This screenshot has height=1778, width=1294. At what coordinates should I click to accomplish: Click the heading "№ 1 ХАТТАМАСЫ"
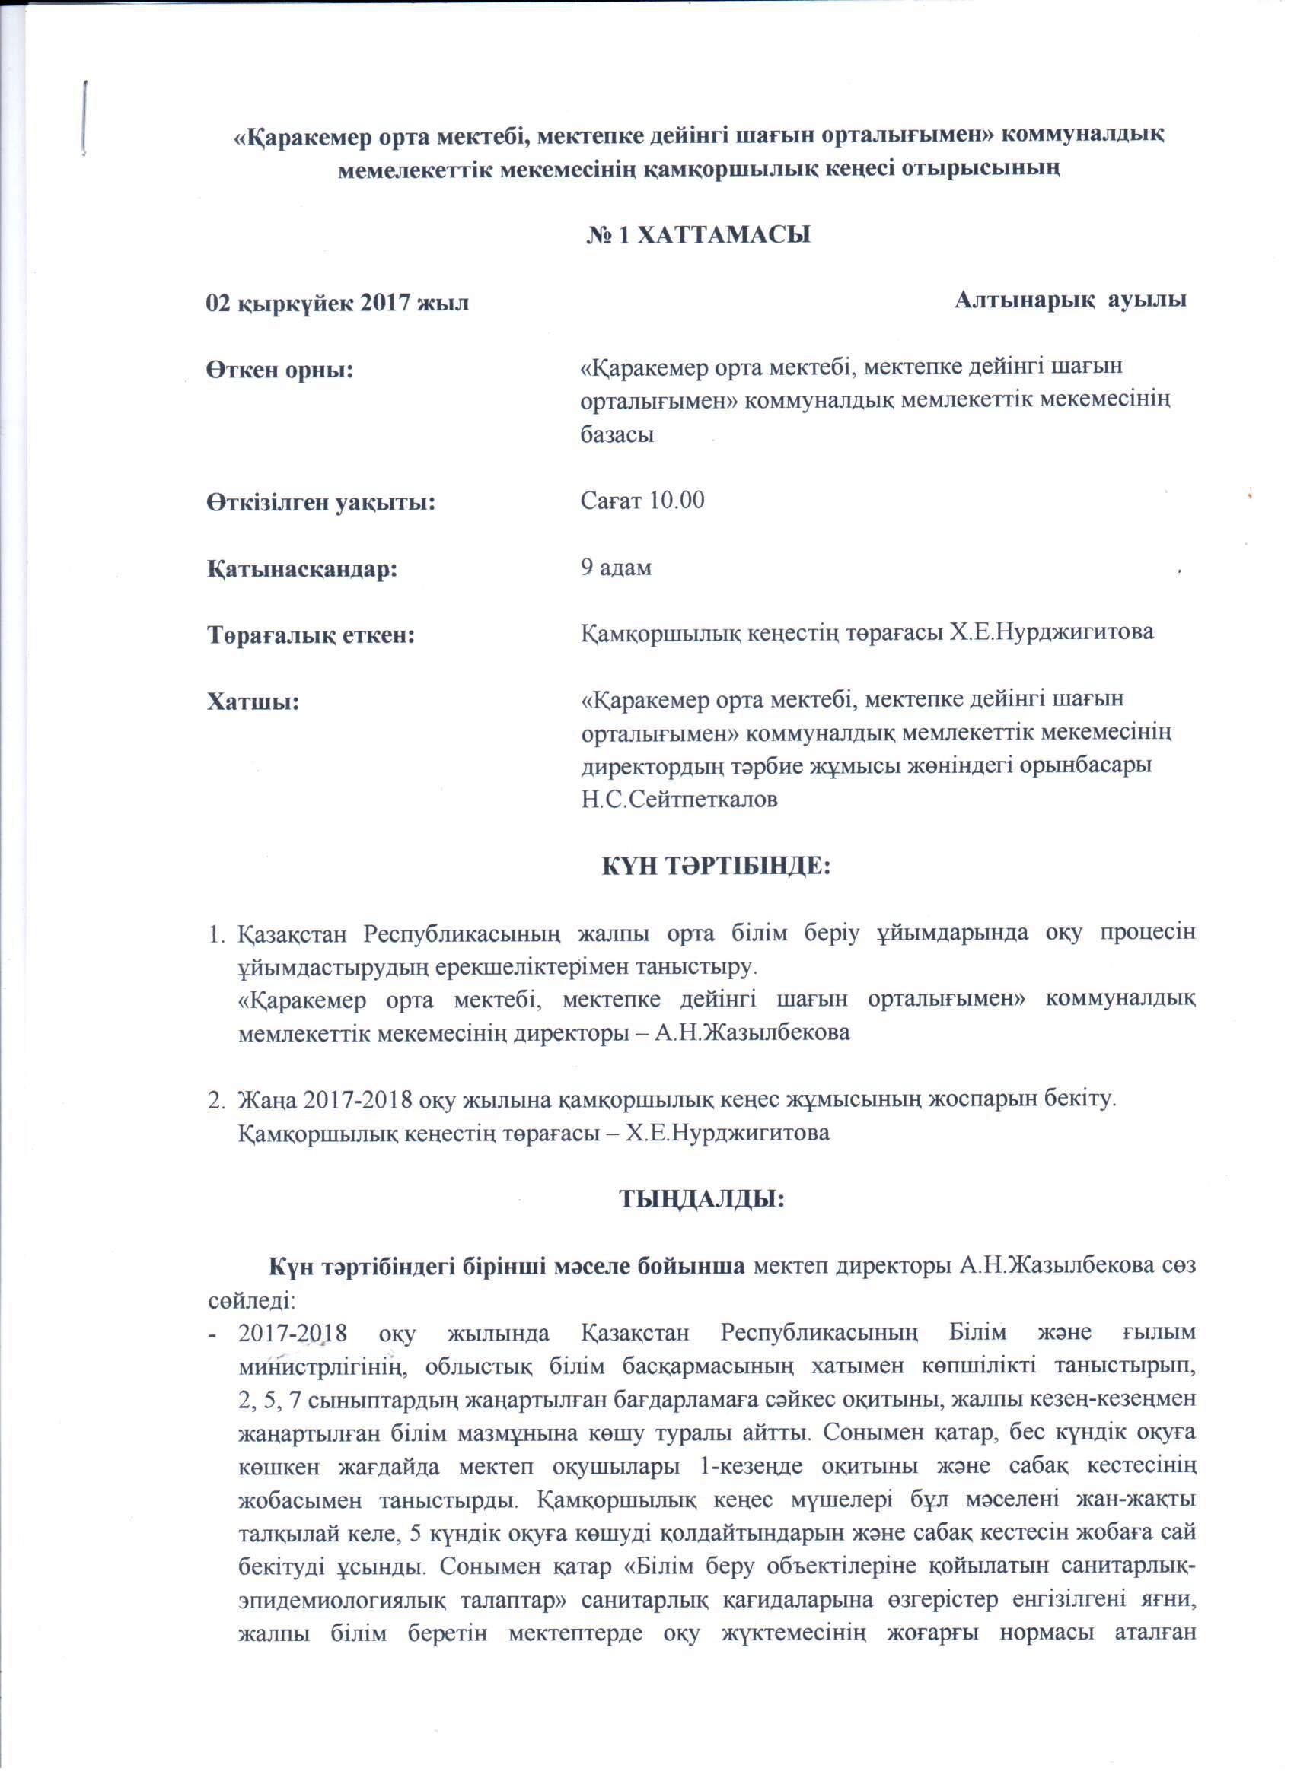pyautogui.click(x=699, y=234)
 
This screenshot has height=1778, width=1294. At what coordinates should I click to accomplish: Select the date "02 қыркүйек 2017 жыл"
pyautogui.click(x=337, y=302)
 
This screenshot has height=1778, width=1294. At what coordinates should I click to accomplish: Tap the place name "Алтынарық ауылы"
pyautogui.click(x=1069, y=300)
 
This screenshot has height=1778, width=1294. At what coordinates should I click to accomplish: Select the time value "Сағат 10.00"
pyautogui.click(x=642, y=500)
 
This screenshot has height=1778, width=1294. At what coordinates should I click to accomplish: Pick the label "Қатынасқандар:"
pyautogui.click(x=302, y=568)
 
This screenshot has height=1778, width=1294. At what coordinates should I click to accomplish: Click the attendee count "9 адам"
pyautogui.click(x=616, y=568)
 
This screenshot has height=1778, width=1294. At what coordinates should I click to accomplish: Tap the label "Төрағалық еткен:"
pyautogui.click(x=311, y=635)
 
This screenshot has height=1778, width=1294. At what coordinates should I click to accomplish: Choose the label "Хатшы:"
pyautogui.click(x=253, y=700)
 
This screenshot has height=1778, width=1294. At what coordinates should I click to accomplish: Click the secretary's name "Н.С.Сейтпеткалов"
pyautogui.click(x=679, y=800)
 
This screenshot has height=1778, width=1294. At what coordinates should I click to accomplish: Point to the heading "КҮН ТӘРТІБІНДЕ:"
pyautogui.click(x=716, y=867)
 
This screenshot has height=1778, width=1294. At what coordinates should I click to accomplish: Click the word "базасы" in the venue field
pyautogui.click(x=617, y=434)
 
